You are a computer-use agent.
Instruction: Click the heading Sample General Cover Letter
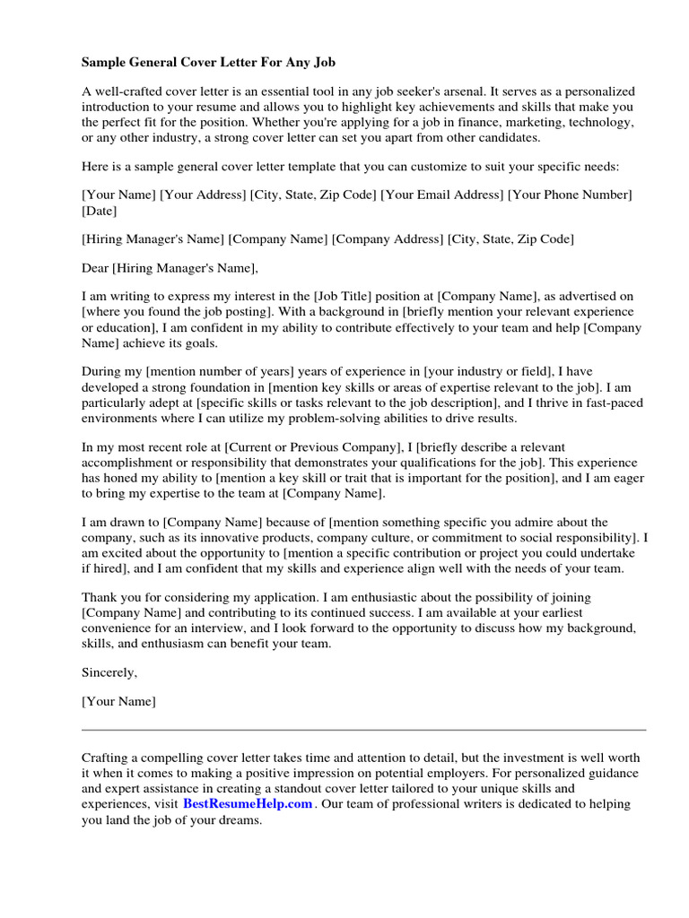[208, 64]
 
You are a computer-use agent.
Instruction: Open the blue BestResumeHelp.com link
[248, 804]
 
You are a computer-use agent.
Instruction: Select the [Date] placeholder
[99, 212]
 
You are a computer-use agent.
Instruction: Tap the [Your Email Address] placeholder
[442, 195]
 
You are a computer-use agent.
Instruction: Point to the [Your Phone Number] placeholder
[570, 195]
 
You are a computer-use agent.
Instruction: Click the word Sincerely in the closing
[109, 672]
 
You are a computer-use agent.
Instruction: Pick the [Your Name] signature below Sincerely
[118, 702]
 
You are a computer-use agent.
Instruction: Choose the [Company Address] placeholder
[388, 239]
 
